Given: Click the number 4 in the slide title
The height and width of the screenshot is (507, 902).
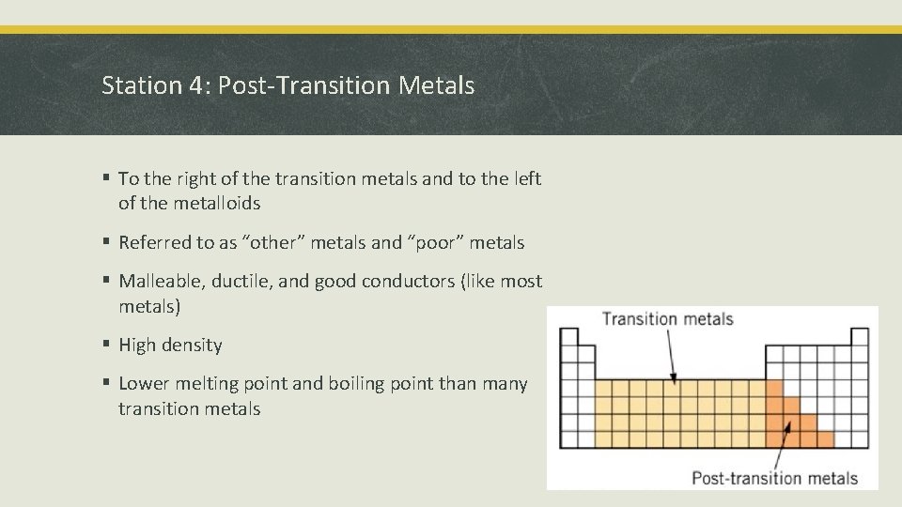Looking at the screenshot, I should click(x=198, y=86).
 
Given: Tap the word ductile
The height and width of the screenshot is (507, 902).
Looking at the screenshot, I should click(x=241, y=283).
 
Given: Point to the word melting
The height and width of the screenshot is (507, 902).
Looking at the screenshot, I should click(x=206, y=384).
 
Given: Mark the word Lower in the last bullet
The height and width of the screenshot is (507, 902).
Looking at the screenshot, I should click(x=144, y=384).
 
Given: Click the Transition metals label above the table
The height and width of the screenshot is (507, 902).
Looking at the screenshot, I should click(x=667, y=318).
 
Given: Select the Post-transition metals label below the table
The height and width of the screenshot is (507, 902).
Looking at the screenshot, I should click(x=774, y=478).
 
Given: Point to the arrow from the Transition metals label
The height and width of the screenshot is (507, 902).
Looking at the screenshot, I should click(x=671, y=356).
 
